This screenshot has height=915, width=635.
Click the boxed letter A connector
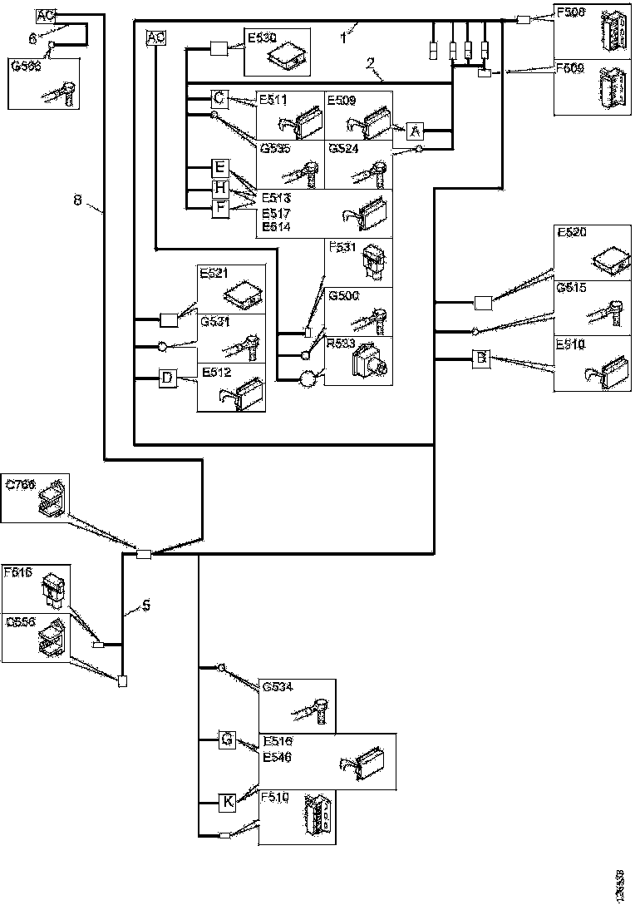pyautogui.click(x=416, y=131)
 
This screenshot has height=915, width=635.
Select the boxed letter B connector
pyautogui.click(x=480, y=359)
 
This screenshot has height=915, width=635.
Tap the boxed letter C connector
pyautogui.click(x=219, y=99)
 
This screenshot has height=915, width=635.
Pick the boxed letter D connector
pyautogui.click(x=167, y=378)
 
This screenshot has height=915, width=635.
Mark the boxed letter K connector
pyautogui.click(x=228, y=802)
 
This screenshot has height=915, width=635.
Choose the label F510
pyautogui.click(x=274, y=797)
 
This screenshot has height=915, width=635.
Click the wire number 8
pyautogui.click(x=77, y=200)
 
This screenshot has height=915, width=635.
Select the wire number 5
pyautogui.click(x=145, y=606)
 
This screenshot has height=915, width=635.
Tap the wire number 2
pyautogui.click(x=371, y=62)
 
